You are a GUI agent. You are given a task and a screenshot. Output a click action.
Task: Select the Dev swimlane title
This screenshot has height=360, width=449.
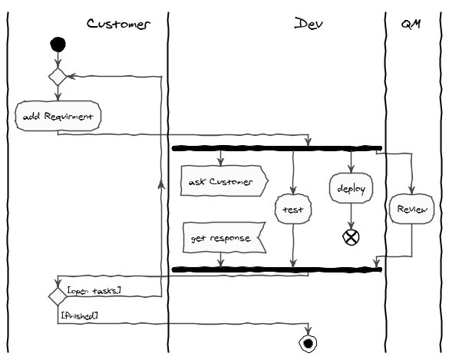[x=309, y=24]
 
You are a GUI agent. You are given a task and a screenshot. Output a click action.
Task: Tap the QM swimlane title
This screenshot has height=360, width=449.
[x=411, y=24]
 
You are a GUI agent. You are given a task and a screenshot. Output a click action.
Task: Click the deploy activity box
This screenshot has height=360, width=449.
[x=351, y=187]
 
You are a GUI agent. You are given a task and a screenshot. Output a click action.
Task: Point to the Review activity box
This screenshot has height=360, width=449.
[x=412, y=208]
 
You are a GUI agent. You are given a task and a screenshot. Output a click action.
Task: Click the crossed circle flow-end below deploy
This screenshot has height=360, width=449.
[x=351, y=236]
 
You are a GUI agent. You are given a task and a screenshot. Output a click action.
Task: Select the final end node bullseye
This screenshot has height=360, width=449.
[x=309, y=342]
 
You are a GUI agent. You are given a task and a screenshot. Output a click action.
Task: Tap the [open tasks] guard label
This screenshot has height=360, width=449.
[x=97, y=290]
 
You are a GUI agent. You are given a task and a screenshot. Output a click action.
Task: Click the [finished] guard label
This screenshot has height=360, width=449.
[x=79, y=315]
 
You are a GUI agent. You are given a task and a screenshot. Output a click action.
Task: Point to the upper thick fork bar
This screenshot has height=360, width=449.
[x=276, y=148]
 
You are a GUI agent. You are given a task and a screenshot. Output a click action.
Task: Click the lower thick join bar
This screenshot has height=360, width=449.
[x=276, y=269]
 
